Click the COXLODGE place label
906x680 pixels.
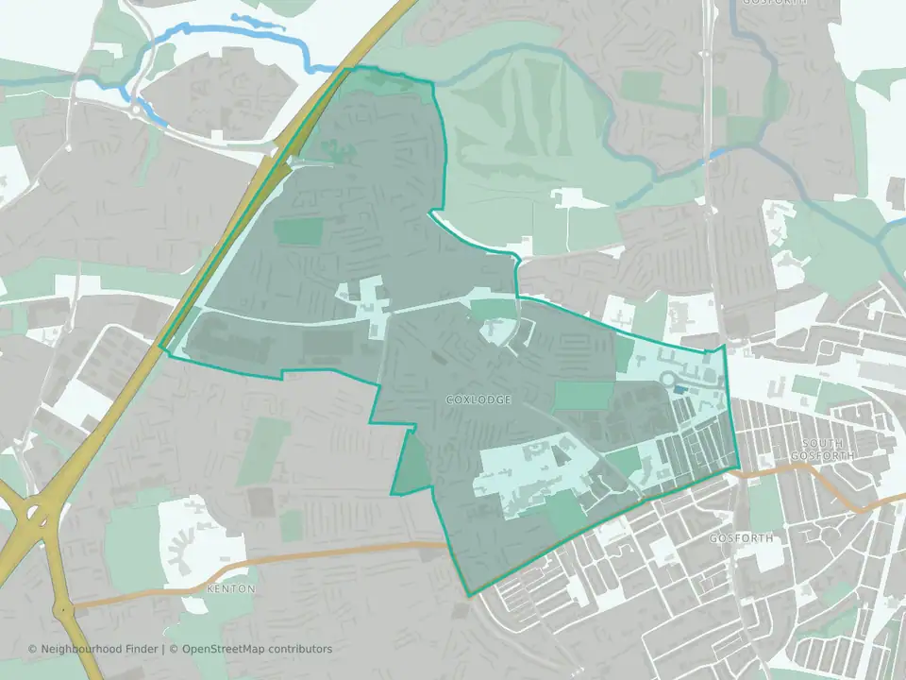478,400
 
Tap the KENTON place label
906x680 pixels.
230,588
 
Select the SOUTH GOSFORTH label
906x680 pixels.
830,449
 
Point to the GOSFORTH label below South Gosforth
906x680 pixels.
741,537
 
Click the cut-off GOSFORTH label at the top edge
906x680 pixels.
775,3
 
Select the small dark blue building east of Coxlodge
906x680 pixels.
706,388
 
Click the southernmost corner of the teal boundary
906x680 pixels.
469,596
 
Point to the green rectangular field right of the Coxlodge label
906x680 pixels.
581,397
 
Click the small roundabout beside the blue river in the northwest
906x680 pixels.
138,110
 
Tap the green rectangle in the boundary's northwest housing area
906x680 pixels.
299,232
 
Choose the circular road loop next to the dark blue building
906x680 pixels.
671,381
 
